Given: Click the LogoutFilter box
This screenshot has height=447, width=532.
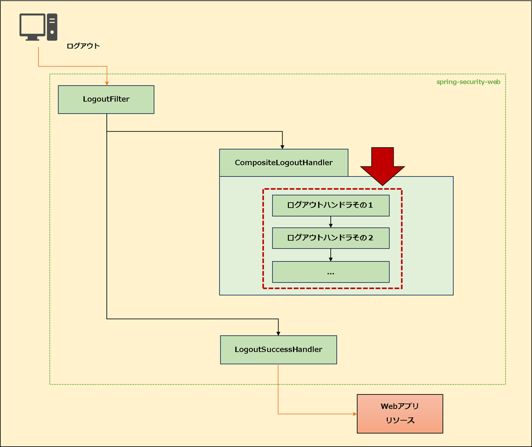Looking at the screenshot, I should [x=106, y=99].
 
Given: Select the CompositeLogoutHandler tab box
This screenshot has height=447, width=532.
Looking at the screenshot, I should [x=283, y=162].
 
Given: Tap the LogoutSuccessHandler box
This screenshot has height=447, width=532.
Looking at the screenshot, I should [x=279, y=350].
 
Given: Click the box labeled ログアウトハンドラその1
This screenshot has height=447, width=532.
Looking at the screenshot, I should [x=331, y=206].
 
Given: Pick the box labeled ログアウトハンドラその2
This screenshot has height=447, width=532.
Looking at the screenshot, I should [x=331, y=238].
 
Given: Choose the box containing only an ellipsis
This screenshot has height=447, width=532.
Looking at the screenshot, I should [x=331, y=272].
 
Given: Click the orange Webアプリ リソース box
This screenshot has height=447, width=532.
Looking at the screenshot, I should [x=400, y=414].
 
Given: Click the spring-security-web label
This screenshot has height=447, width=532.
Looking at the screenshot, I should [x=468, y=82].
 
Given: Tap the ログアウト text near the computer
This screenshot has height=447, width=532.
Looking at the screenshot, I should [x=83, y=46].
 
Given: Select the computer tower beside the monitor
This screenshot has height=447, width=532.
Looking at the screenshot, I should [x=52, y=27].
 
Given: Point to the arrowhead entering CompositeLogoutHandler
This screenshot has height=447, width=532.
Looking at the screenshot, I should [x=282, y=146].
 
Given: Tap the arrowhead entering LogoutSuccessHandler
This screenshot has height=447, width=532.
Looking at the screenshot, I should [x=279, y=333].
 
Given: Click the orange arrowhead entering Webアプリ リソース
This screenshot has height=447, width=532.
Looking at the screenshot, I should [x=354, y=414].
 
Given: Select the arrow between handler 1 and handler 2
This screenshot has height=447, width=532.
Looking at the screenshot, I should [x=331, y=222].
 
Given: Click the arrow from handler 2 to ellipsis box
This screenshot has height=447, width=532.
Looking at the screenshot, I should [x=331, y=255].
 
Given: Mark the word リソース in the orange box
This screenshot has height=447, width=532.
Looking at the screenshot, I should [x=400, y=420].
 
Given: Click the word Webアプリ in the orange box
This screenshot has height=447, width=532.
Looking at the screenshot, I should [x=400, y=407].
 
